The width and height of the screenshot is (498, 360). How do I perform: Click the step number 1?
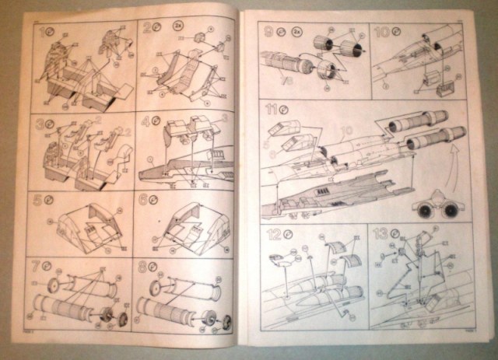[40, 34]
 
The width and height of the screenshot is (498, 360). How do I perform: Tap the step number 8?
[142, 267]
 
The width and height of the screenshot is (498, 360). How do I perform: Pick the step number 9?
[268, 33]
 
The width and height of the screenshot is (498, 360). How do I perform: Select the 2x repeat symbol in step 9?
[296, 33]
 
